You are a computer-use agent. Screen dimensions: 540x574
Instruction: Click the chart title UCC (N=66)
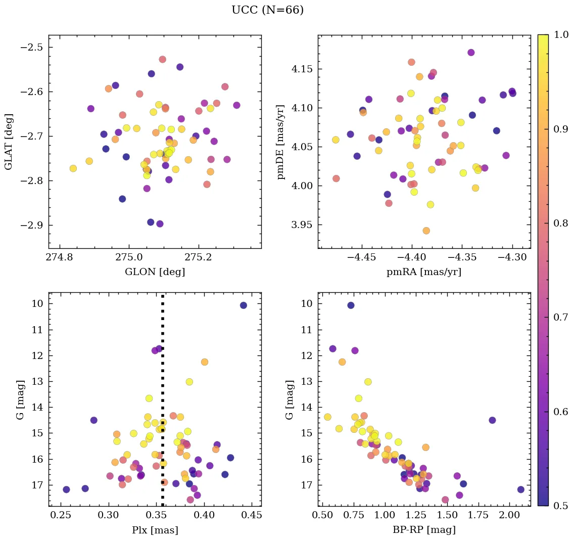tap(267, 10)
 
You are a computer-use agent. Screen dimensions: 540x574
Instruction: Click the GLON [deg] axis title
tap(155, 272)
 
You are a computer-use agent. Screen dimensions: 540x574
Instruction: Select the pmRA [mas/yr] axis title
tap(423, 272)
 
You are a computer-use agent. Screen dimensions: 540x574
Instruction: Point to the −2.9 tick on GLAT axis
tap(32, 225)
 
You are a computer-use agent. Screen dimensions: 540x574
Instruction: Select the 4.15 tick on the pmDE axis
tap(304, 69)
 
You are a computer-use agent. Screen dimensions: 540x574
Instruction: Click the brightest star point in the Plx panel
tap(243, 305)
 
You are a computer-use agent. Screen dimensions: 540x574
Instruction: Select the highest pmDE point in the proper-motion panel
tap(471, 53)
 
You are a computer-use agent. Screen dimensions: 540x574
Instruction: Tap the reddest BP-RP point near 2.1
tap(520, 489)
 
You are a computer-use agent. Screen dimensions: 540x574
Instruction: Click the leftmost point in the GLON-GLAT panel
tap(73, 168)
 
